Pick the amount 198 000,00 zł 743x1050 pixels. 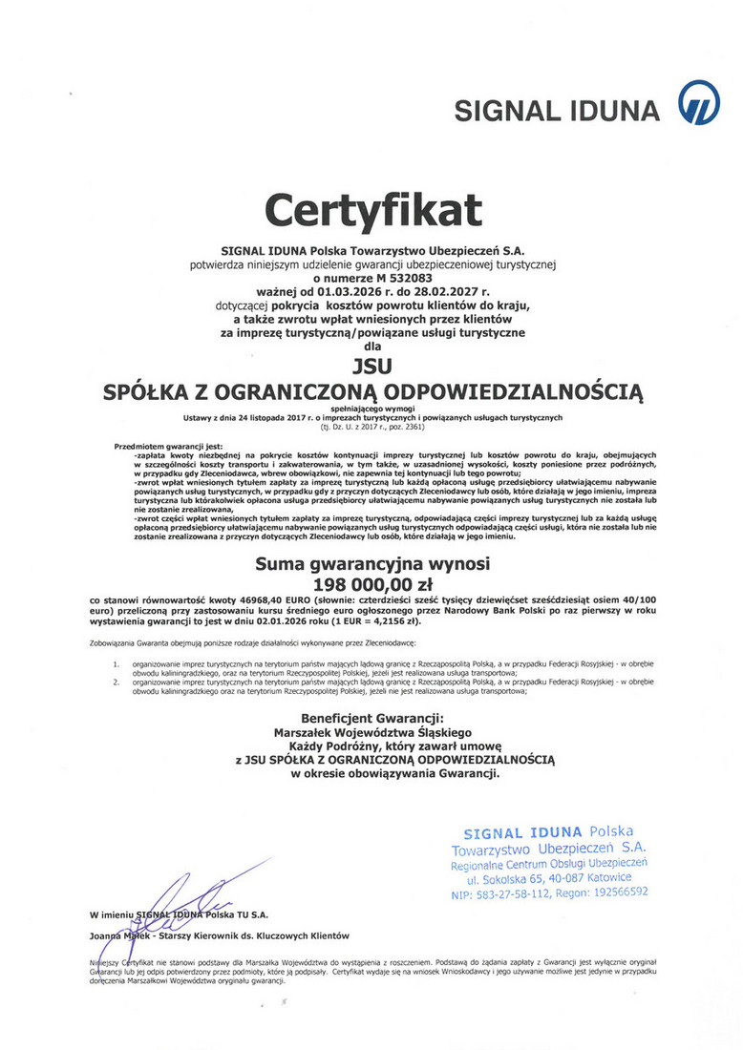[372, 581]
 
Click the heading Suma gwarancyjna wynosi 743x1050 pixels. [372, 563]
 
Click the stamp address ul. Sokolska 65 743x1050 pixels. [516, 878]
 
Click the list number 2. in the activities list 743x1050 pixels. [116, 683]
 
